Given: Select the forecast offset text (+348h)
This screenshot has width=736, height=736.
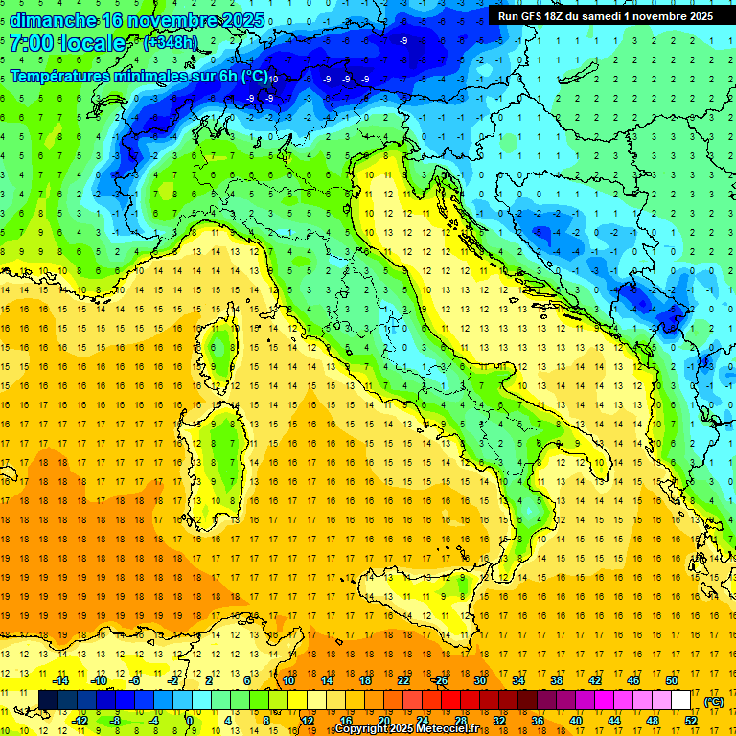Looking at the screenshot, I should pyautogui.click(x=172, y=43).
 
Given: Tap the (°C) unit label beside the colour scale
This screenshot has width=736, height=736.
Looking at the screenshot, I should pyautogui.click(x=714, y=701).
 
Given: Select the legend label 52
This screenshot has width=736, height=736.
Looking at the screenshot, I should pyautogui.click(x=691, y=721).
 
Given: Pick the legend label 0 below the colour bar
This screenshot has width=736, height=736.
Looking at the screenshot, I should pyautogui.click(x=190, y=721).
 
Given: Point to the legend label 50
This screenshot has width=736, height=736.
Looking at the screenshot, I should pyautogui.click(x=672, y=680).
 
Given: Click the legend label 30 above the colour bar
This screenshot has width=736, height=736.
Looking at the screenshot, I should pyautogui.click(x=479, y=680).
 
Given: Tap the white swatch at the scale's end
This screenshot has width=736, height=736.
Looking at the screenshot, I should pyautogui.click(x=681, y=701).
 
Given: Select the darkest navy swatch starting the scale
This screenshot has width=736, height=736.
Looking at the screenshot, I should pyautogui.click(x=48, y=701).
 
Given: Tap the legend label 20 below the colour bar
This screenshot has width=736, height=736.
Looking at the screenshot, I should pyautogui.click(x=383, y=721).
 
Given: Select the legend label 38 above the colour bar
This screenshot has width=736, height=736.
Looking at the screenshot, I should pyautogui.click(x=556, y=680).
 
